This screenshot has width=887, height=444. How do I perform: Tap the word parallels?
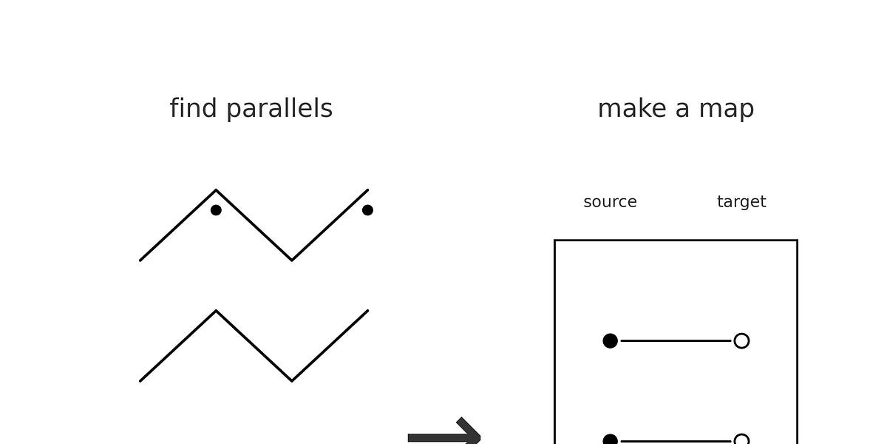279,109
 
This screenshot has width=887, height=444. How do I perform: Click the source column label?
610,202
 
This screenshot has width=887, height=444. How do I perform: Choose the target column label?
741,202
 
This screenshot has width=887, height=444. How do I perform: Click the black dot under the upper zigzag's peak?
216,210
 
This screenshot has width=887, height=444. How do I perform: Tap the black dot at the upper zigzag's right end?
367,210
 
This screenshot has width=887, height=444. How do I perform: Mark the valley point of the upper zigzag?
292,260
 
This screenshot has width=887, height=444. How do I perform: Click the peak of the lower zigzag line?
216,312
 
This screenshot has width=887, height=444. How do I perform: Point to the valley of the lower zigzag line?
292,380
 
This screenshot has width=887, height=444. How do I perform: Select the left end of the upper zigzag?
140,260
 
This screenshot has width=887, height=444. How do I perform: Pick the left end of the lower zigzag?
140,380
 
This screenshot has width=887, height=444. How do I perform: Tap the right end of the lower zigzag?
367,312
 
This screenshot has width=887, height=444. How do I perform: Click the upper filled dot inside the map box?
610,340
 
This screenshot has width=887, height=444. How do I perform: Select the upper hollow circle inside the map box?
741,340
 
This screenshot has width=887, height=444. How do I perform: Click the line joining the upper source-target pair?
676,340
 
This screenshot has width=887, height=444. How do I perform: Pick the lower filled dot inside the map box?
610,440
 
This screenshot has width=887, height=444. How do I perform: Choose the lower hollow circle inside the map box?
741,440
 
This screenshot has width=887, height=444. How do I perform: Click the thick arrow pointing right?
443,435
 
